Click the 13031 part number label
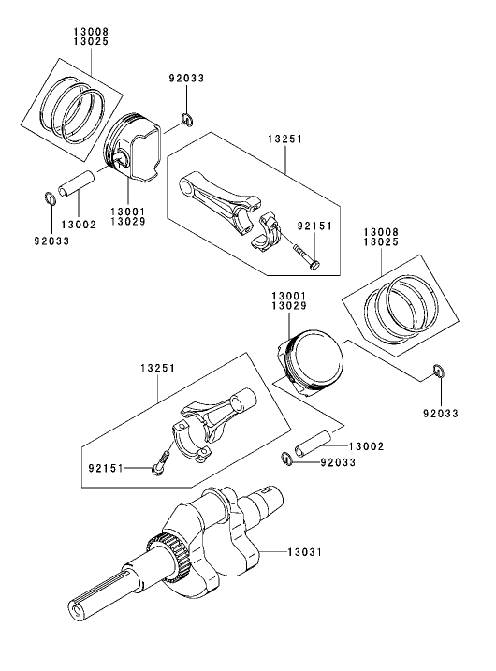pos(304,553)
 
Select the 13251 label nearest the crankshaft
pos(161,369)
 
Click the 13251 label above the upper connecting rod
pos(284,137)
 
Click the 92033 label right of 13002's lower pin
pos(339,460)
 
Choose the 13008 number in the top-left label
pos(91,32)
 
